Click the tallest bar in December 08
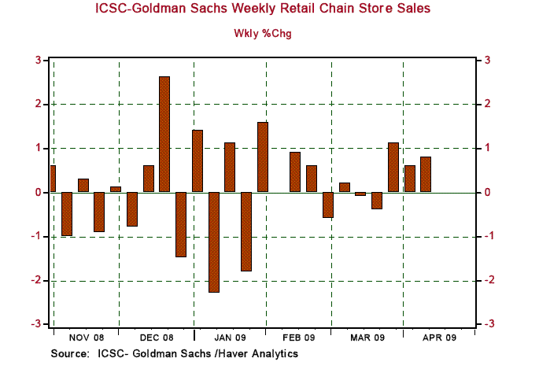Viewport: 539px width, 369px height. tap(164, 134)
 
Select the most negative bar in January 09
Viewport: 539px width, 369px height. tap(213, 242)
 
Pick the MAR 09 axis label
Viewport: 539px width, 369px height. tap(367, 338)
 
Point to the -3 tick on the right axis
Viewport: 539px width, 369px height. tap(489, 324)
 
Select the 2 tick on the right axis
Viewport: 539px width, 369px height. tap(489, 104)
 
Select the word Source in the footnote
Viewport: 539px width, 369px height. tap(69, 354)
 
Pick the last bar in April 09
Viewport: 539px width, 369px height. tap(426, 175)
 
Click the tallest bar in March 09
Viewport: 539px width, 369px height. tap(393, 167)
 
